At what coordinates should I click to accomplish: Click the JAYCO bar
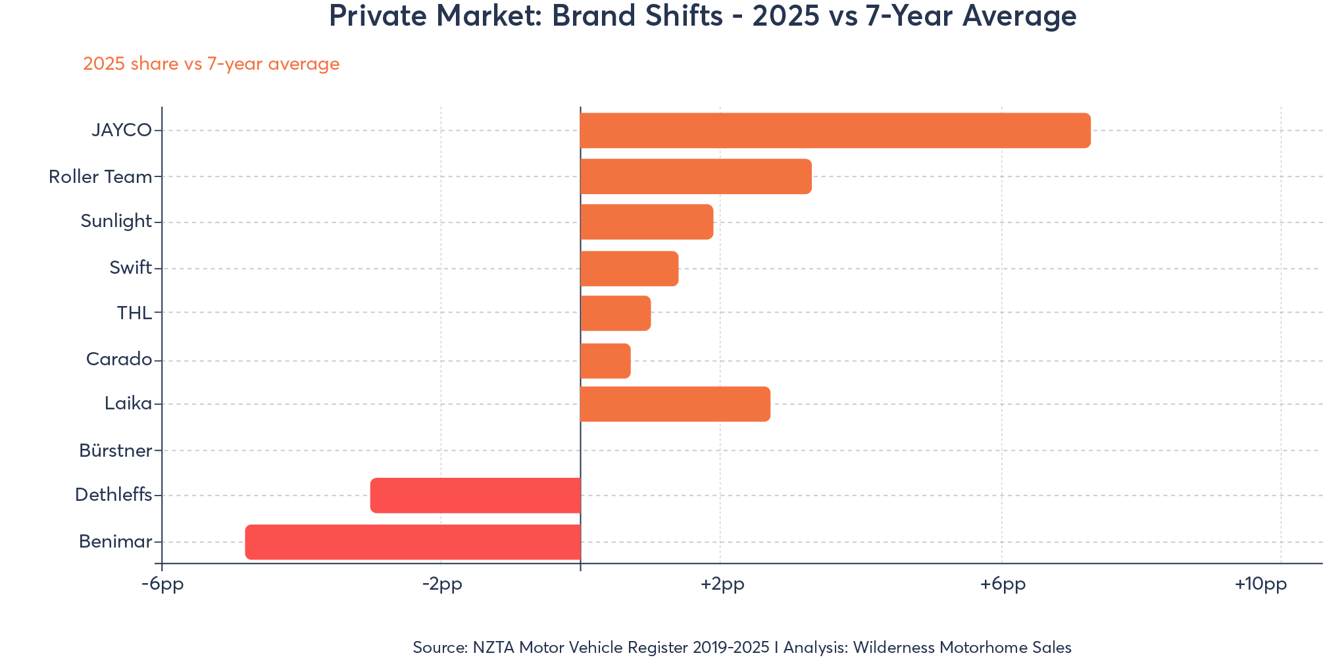point(835,130)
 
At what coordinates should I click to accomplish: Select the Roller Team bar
point(695,176)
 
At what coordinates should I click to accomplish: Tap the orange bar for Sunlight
point(646,222)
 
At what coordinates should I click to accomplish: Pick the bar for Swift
point(629,269)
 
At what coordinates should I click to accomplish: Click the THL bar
point(615,313)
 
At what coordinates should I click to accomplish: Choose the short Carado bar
point(605,361)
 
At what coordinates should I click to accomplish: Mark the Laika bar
point(675,404)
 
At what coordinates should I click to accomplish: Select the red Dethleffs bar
point(475,496)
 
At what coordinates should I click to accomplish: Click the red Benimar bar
point(412,542)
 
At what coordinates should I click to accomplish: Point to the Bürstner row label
point(115,451)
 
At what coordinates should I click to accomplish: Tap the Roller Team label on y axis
point(100,176)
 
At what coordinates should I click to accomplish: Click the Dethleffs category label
point(113,495)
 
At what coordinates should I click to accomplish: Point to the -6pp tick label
point(162,584)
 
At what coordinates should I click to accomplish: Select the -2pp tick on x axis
point(441,584)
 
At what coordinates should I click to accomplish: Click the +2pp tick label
point(722,584)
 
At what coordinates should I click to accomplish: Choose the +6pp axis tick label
point(1002,584)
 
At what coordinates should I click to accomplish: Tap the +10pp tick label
point(1260,584)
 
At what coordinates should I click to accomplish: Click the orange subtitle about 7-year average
point(211,64)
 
